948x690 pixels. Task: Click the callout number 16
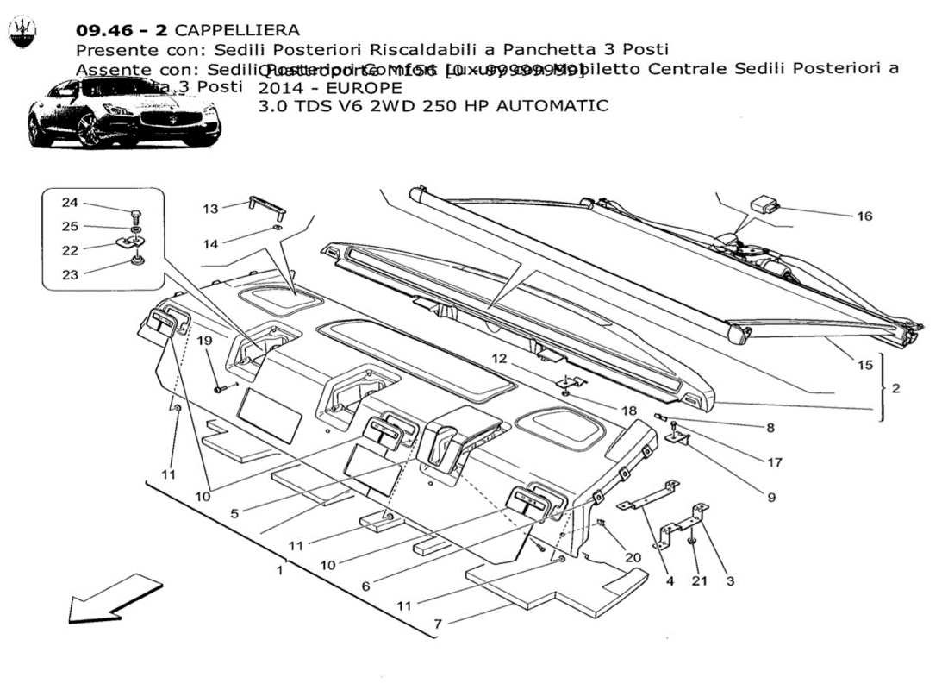(864, 216)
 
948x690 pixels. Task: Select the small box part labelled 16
(764, 204)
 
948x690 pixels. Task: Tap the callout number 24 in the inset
(69, 203)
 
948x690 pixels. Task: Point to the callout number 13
(211, 209)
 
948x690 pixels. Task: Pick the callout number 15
(864, 365)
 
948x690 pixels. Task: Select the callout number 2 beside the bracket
(895, 389)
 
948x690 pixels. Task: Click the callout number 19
(203, 341)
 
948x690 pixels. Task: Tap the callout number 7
(438, 622)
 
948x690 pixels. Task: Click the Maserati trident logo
(22, 33)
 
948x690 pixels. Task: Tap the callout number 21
(699, 580)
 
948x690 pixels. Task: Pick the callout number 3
(730, 580)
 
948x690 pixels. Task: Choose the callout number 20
(633, 558)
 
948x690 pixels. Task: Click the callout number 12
(501, 358)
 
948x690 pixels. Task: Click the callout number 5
(234, 512)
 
